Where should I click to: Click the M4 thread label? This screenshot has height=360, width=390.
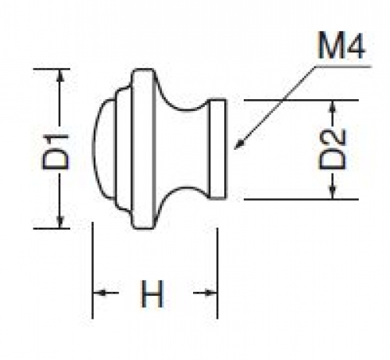[x=341, y=45]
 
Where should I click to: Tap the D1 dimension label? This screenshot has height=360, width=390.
[x=55, y=151]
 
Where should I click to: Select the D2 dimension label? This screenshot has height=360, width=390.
[x=332, y=149]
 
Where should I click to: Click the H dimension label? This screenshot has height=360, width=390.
[x=152, y=294]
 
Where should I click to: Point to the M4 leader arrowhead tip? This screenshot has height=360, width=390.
[x=234, y=149]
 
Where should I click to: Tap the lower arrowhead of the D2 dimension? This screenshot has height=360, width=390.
[x=332, y=194]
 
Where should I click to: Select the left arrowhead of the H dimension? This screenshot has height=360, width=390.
[x=98, y=293]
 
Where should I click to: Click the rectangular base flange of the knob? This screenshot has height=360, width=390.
[x=217, y=149]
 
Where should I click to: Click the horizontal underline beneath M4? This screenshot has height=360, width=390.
[x=342, y=66]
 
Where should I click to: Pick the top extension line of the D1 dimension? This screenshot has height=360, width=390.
[x=52, y=69]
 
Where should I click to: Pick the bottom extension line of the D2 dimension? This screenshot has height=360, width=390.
[x=301, y=199]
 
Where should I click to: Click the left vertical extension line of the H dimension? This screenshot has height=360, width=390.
[x=93, y=270]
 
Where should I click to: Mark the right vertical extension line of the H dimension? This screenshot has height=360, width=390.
[x=217, y=273]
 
